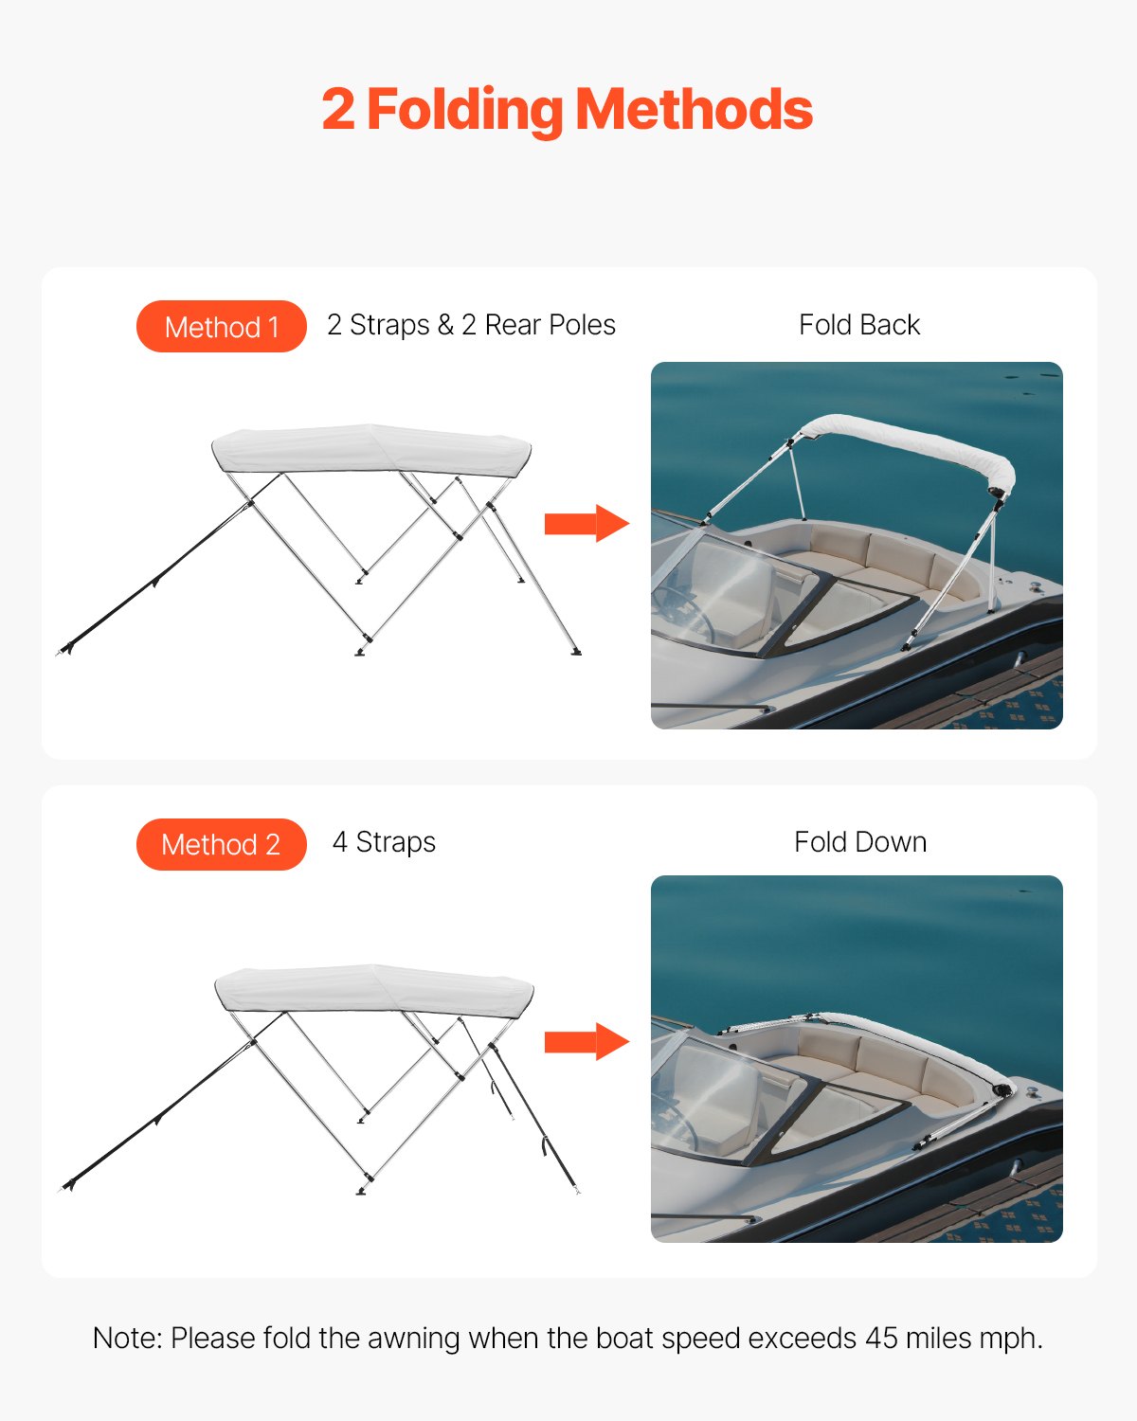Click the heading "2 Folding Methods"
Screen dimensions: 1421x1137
(567, 110)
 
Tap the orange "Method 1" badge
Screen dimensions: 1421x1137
(222, 327)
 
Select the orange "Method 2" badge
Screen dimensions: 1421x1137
(222, 844)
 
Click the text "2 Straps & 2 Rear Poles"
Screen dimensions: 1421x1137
(471, 325)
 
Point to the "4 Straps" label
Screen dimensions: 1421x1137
(384, 842)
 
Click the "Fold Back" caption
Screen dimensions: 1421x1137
(858, 325)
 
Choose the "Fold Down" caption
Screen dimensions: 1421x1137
(859, 842)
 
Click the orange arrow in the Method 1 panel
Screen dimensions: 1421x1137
(586, 523)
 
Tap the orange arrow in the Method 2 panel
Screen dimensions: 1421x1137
(586, 1042)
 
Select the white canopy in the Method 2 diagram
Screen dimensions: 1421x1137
(374, 991)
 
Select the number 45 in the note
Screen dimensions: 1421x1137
(881, 1339)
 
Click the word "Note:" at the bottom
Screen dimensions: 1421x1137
(128, 1339)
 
